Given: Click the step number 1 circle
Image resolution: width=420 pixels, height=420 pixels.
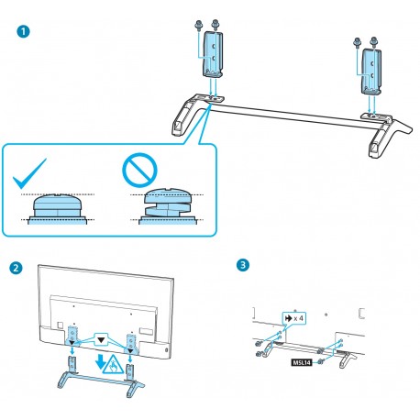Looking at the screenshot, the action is coord(23,32).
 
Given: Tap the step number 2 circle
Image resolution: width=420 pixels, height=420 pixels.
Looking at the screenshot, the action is coord(16,268).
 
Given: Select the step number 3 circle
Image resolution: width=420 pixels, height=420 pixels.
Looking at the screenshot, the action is coord(243,265).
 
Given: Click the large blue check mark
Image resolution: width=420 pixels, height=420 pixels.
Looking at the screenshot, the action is coord(29,173).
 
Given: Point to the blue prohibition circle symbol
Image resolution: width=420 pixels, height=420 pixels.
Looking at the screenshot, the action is coord(139,169).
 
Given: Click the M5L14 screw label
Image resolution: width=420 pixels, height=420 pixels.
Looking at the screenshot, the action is coord(302,362).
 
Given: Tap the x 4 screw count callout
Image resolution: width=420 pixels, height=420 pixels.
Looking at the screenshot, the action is coord(293,318).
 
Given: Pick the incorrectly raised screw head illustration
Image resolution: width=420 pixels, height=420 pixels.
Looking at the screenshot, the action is coord(167,206).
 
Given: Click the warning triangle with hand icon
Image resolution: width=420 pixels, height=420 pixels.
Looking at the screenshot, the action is coord(113,364).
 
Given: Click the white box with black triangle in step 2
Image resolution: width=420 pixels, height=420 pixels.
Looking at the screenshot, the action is coord(102,339).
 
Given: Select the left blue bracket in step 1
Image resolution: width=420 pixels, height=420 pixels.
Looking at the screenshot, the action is coord(212,54).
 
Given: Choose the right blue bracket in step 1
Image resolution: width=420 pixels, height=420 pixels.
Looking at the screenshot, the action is coord(371,71).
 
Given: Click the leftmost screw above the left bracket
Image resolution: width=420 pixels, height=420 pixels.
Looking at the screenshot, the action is coord(199,25).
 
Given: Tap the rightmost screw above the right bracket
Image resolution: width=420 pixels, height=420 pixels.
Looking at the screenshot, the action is coord(374,42).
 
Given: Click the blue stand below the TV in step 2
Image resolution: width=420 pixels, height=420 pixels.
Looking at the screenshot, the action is coord(101,377).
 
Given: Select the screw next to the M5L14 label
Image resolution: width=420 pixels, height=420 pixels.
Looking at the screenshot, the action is coord(320,362).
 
